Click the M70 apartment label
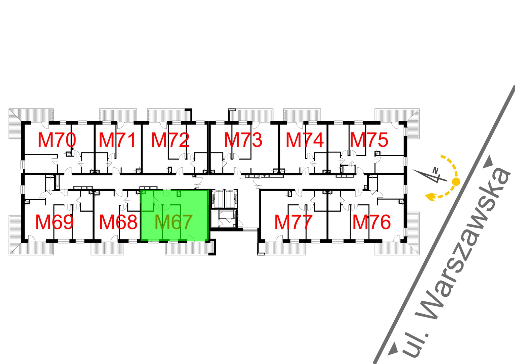pos(57,140)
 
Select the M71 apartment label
pos(117,140)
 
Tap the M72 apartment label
pos(170,140)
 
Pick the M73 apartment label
pos(243,140)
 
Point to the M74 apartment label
pos(305,140)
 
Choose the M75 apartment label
pos(369,140)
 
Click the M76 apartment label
pos(371,222)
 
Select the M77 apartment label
pos(293,222)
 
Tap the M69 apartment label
pos(54,222)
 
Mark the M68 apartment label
pos(118,222)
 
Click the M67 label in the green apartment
pos(174,222)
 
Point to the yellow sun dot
pos(456,181)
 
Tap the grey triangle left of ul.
pos(393,349)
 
